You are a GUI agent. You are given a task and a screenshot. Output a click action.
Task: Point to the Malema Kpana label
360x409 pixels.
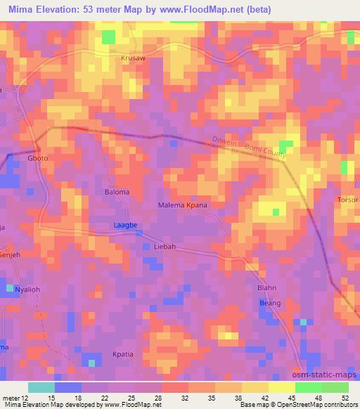coord(181,205)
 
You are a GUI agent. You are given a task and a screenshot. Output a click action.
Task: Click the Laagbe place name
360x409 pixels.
coord(125,226)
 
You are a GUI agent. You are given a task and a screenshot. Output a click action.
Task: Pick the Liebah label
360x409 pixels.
coord(164,247)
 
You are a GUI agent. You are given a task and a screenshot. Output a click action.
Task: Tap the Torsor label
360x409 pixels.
coord(348,199)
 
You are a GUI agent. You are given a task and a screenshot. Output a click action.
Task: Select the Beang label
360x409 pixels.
coord(270,303)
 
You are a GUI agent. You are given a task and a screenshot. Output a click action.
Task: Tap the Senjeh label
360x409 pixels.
coord(11,254)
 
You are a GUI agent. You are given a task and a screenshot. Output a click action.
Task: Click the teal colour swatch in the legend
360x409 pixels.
coord(41,387)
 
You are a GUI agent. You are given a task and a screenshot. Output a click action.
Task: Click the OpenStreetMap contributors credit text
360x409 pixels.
coord(311,405)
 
